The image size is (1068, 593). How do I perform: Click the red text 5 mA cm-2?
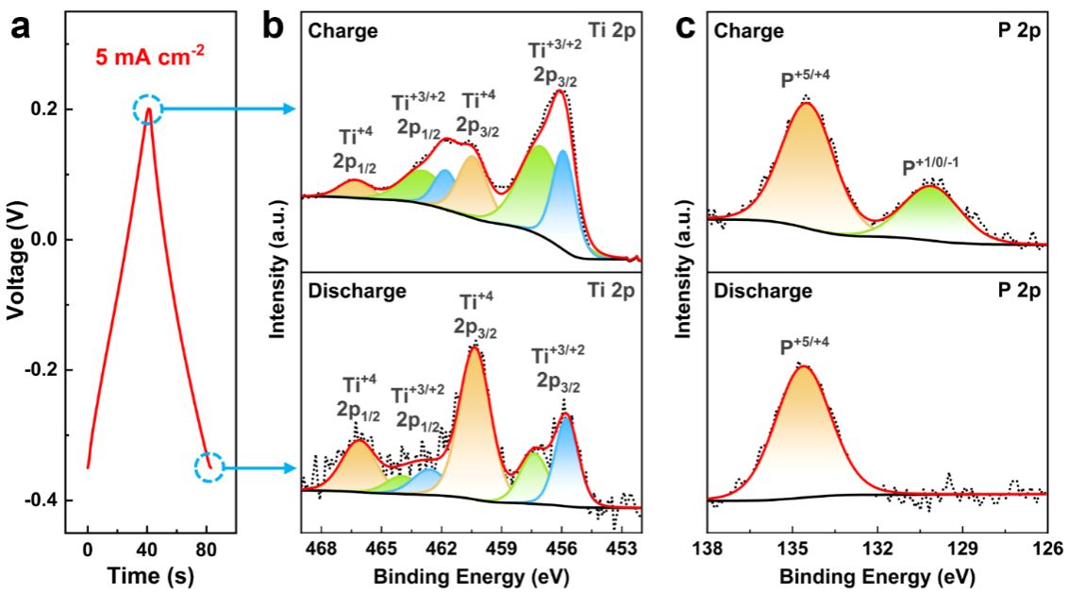[148, 57]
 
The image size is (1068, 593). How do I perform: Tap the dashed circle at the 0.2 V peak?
[148, 110]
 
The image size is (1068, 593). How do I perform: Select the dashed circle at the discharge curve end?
[209, 466]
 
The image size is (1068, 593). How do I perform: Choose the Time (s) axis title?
[147, 575]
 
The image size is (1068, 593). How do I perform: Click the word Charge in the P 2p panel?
[749, 31]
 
